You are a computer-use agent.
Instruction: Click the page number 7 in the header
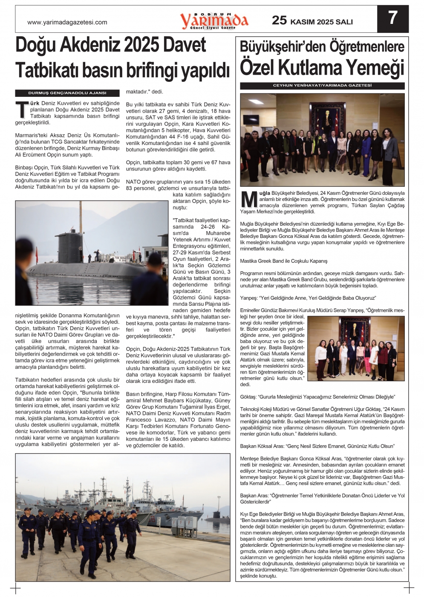click(392, 18)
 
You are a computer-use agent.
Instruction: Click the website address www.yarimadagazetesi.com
click(67, 22)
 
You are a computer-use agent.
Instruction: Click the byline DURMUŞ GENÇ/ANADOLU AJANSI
click(67, 93)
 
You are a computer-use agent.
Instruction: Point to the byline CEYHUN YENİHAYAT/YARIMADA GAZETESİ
click(322, 86)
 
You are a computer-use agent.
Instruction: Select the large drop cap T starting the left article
click(22, 110)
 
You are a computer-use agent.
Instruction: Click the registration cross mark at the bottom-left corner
click(15, 588)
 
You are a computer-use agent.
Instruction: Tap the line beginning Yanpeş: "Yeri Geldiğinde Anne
click(308, 298)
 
